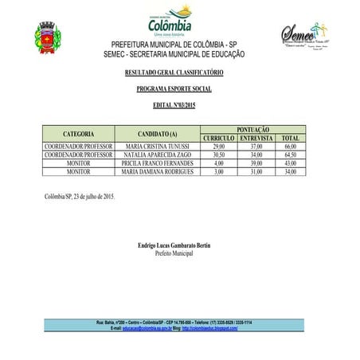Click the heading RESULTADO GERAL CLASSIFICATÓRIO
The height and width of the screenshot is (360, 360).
tap(179, 73)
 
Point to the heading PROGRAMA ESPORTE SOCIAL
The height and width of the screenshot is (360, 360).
tap(179, 90)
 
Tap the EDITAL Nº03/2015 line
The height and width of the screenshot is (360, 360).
tap(179, 106)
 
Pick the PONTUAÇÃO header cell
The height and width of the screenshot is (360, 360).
tap(253, 128)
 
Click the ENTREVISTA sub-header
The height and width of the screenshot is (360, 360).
tap(256, 138)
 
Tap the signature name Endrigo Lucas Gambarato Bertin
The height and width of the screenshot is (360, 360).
tap(179, 245)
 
